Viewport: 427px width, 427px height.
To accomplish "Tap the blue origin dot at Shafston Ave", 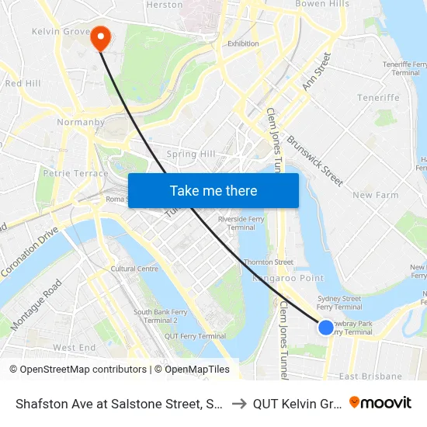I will pos(326,328).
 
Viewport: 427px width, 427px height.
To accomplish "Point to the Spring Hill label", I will pos(190,154).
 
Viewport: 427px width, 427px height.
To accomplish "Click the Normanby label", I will pos(75,122).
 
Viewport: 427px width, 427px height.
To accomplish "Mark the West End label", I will pos(74,348).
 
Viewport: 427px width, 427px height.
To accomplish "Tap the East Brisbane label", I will pos(370,377).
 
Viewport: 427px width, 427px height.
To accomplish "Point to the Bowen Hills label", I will pos(320,4).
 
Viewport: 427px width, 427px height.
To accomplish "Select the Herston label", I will pos(164,5).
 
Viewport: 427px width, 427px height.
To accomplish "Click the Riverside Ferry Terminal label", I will pos(236,224).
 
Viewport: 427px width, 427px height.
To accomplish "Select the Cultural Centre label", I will pos(134,269).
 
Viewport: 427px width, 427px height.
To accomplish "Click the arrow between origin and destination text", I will pos(238,403).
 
